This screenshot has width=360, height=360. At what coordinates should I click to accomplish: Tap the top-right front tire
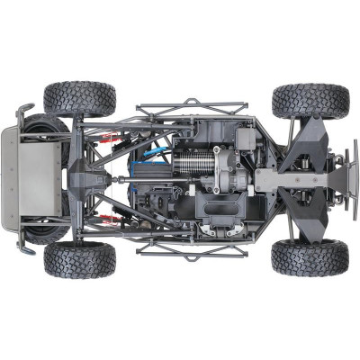310,100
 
